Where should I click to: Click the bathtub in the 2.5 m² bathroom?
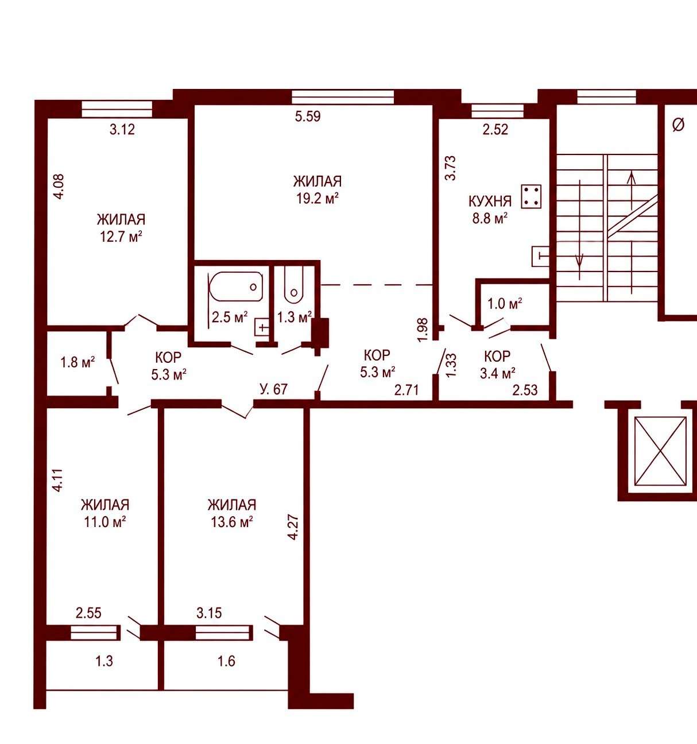[x=236, y=286]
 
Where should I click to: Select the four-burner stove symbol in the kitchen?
[x=531, y=196]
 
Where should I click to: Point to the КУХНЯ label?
[x=490, y=201]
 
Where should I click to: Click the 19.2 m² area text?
[x=317, y=198]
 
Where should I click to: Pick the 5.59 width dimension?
[x=308, y=117]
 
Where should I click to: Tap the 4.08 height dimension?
[x=59, y=187]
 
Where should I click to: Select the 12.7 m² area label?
[x=121, y=237]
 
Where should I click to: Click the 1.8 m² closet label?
[x=78, y=362]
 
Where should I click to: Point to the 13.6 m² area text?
[x=231, y=522]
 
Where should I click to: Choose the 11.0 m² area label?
[x=104, y=522]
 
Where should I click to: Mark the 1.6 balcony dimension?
[x=226, y=661]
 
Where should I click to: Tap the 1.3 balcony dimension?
[x=104, y=661]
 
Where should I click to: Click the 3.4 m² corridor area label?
[x=498, y=374]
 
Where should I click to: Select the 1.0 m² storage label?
[x=505, y=304]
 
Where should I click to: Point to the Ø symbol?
[x=678, y=125]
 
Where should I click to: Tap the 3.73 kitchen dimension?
[x=451, y=168]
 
